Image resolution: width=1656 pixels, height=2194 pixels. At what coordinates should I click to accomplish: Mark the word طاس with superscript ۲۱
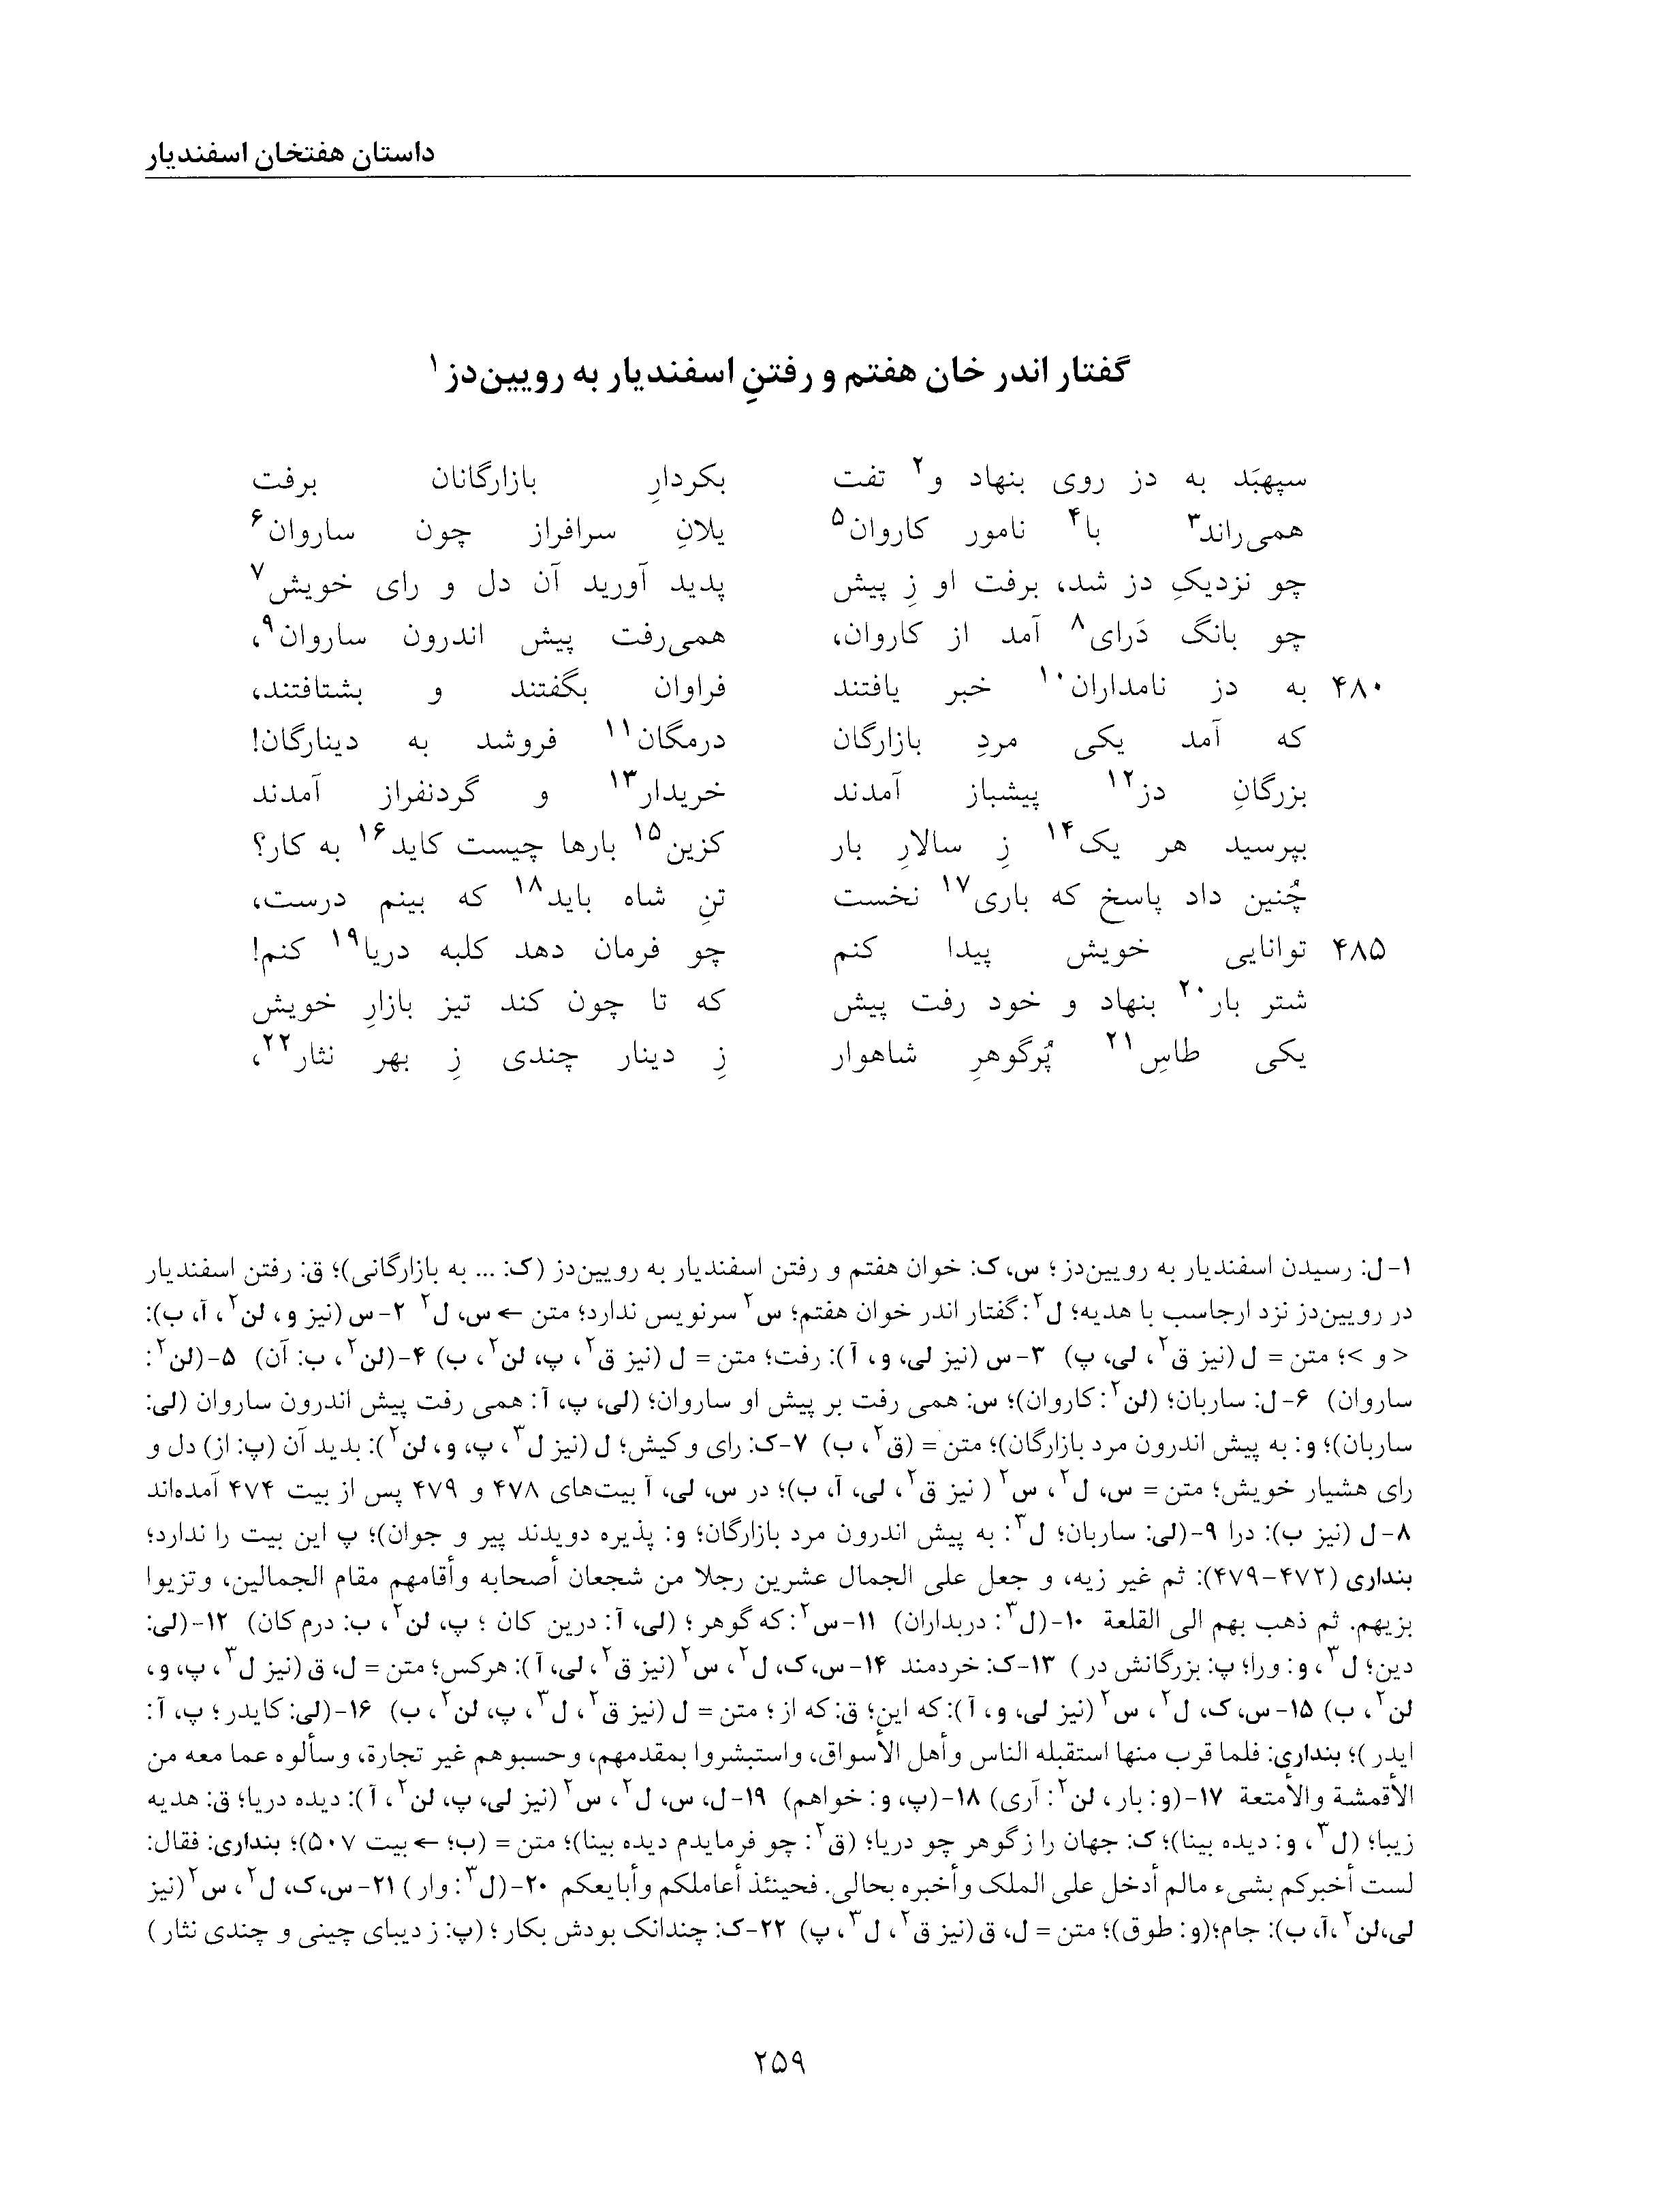[x=1172, y=1058]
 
